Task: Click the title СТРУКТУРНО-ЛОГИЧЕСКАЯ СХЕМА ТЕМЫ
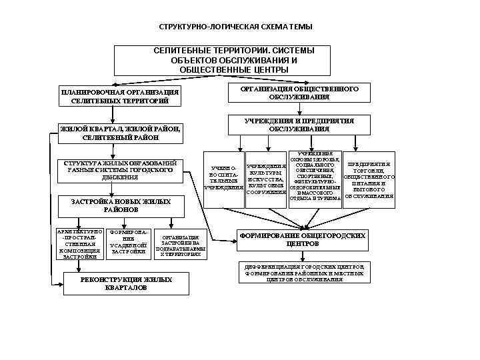235,29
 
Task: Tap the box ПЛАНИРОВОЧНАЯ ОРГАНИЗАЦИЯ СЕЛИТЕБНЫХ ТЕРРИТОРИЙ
120,96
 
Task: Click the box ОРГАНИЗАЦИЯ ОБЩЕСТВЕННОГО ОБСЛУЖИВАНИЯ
299,93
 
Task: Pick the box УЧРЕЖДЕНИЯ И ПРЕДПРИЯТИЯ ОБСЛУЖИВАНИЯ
299,125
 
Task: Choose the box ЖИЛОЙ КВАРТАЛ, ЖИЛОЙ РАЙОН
120,133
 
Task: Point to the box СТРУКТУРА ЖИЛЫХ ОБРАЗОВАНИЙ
120,171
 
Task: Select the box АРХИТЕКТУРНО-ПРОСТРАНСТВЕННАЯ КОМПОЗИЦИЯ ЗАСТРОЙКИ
79,243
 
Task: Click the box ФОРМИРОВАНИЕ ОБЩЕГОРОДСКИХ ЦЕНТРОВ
302,239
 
